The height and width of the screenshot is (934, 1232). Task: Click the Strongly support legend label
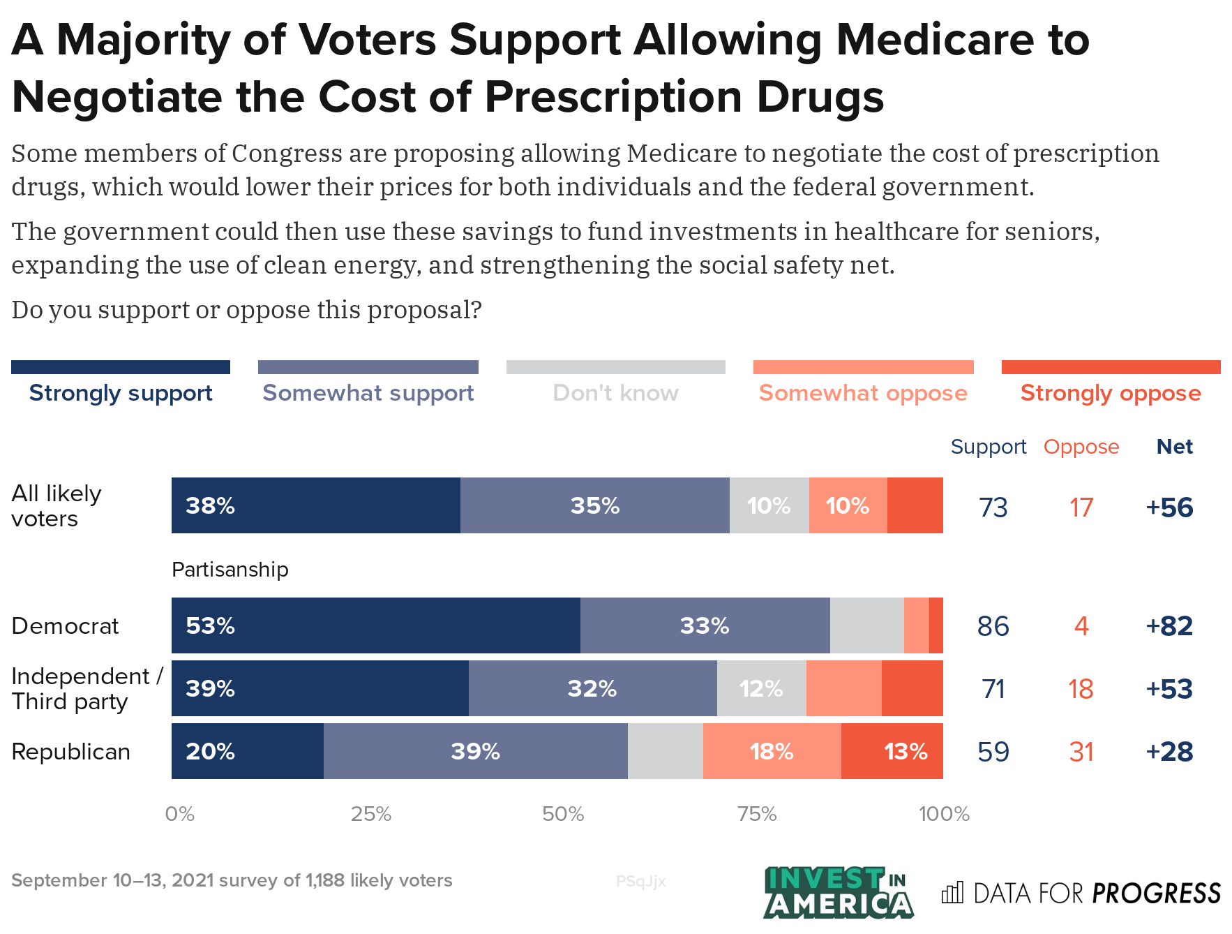[x=121, y=393]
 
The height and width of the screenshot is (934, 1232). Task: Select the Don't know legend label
[x=615, y=393]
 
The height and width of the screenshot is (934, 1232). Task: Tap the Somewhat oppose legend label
[x=863, y=393]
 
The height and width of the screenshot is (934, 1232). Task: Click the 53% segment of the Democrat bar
[x=375, y=625]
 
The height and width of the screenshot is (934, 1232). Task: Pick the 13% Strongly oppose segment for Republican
[x=892, y=751]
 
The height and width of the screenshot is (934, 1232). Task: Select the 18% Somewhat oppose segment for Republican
[x=772, y=751]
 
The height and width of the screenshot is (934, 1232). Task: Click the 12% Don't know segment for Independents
[x=761, y=688]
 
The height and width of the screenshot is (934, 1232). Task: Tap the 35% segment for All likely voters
[x=594, y=505]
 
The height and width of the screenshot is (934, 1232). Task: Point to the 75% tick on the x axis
[x=757, y=814]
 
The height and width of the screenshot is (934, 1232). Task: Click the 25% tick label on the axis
[x=371, y=814]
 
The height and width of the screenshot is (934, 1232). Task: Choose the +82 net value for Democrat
[x=1169, y=626]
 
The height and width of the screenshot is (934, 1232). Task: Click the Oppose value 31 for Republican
[x=1081, y=752]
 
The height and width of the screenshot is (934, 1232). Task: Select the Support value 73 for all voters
[x=993, y=507]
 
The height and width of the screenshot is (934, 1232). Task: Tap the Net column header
[x=1174, y=447]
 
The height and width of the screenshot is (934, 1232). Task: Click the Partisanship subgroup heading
[x=230, y=570]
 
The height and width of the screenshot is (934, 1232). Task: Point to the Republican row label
[x=71, y=752]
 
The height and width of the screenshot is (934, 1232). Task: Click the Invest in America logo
[x=838, y=892]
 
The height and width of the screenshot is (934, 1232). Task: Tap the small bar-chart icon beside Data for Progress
[x=952, y=892]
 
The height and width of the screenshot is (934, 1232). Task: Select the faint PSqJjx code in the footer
[x=640, y=882]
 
